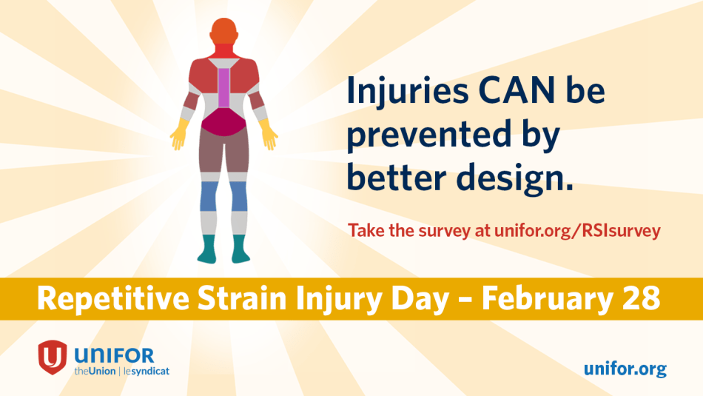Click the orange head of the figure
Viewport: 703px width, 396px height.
click(x=223, y=31)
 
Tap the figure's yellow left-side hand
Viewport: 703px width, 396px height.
click(x=179, y=134)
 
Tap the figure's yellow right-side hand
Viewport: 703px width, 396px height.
click(x=268, y=134)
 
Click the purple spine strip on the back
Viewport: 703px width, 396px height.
click(x=223, y=88)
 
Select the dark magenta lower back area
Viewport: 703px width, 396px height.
click(x=223, y=122)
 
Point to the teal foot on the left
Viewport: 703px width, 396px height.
click(x=207, y=249)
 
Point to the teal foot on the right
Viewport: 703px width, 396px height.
click(x=240, y=249)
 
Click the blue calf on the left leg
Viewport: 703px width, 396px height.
click(x=209, y=196)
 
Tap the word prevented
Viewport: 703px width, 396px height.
click(x=429, y=135)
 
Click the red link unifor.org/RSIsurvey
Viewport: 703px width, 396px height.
click(x=577, y=230)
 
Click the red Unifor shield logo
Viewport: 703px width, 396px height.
click(x=53, y=357)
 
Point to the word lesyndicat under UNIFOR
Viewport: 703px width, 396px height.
click(x=147, y=372)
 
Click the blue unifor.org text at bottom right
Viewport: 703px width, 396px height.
click(x=625, y=369)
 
